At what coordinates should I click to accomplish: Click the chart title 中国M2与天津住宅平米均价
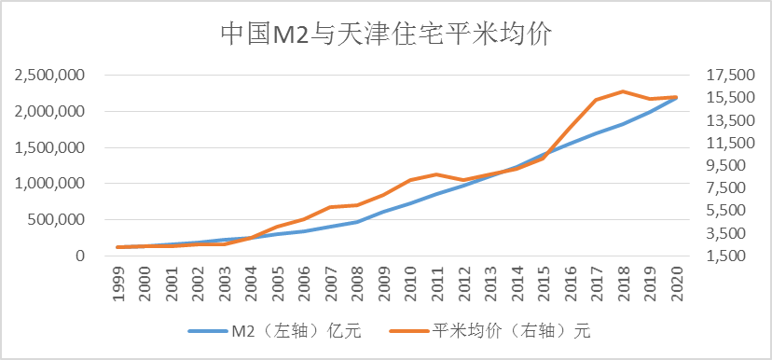(386, 35)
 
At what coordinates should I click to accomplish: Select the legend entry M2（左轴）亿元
(274, 330)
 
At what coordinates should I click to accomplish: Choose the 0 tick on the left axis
(80, 256)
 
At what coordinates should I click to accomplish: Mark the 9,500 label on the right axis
(713, 165)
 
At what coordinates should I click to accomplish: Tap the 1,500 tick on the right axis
(713, 256)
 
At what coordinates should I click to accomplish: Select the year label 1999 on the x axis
(119, 282)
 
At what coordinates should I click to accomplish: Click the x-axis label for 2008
(358, 282)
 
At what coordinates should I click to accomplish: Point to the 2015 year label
(544, 282)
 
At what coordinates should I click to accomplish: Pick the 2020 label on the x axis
(677, 282)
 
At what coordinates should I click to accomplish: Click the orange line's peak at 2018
(622, 91)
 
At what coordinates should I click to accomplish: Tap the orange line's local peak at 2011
(436, 174)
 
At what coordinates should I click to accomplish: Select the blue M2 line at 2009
(383, 212)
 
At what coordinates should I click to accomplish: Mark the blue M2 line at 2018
(622, 124)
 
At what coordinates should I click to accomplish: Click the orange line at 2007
(330, 207)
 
